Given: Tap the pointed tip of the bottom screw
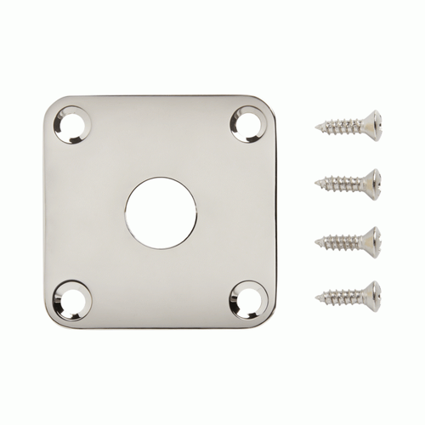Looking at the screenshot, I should pyautogui.click(x=316, y=296).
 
